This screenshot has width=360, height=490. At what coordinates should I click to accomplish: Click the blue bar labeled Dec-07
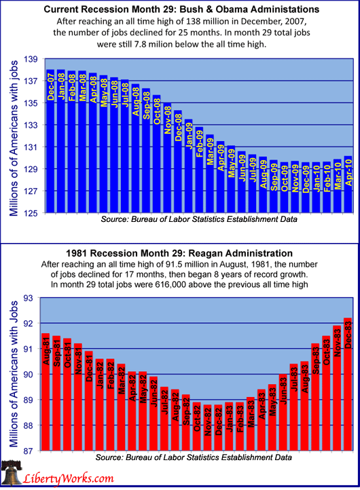tap(50, 141)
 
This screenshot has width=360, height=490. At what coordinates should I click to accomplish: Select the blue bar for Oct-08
tap(157, 154)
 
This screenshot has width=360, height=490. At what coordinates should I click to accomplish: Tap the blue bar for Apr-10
tap(348, 185)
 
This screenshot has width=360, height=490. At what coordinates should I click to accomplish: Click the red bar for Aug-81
tap(46, 392)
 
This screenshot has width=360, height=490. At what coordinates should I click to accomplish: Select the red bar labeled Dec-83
tap(348, 384)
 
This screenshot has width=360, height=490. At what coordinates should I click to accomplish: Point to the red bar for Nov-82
tap(207, 428)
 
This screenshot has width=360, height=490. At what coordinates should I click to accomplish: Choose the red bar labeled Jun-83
tap(283, 412)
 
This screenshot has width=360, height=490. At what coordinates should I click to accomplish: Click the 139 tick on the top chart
tap(31, 59)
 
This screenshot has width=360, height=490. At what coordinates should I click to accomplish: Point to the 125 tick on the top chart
tap(31, 213)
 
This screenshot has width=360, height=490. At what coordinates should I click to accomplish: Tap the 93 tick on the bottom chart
tap(28, 298)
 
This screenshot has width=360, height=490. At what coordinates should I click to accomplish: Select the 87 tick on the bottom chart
tap(28, 451)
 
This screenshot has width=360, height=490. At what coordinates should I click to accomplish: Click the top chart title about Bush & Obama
tap(181, 10)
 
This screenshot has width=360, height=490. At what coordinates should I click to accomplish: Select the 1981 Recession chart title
tap(179, 253)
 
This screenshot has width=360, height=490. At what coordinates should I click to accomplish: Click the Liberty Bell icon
tap(12, 473)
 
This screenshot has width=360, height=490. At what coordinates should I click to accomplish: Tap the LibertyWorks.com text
tap(69, 478)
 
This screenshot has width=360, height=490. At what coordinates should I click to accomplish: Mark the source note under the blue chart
tap(199, 219)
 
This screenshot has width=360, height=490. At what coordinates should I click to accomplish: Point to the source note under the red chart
tap(194, 457)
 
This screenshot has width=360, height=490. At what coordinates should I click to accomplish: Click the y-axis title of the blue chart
tap(14, 138)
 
